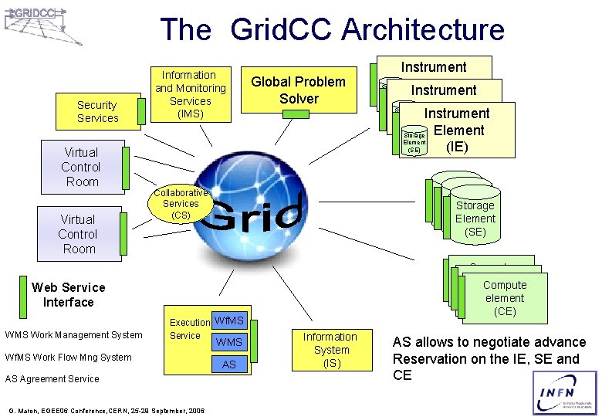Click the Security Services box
[97, 111]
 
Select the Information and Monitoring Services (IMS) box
[188, 95]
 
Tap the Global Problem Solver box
[299, 90]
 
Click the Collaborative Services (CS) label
[180, 204]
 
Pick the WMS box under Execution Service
[229, 341]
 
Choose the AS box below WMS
[229, 364]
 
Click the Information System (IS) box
[330, 350]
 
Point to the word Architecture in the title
[423, 30]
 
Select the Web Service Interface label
[68, 295]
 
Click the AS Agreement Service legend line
[52, 379]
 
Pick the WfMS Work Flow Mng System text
[68, 357]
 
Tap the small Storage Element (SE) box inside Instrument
[414, 142]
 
